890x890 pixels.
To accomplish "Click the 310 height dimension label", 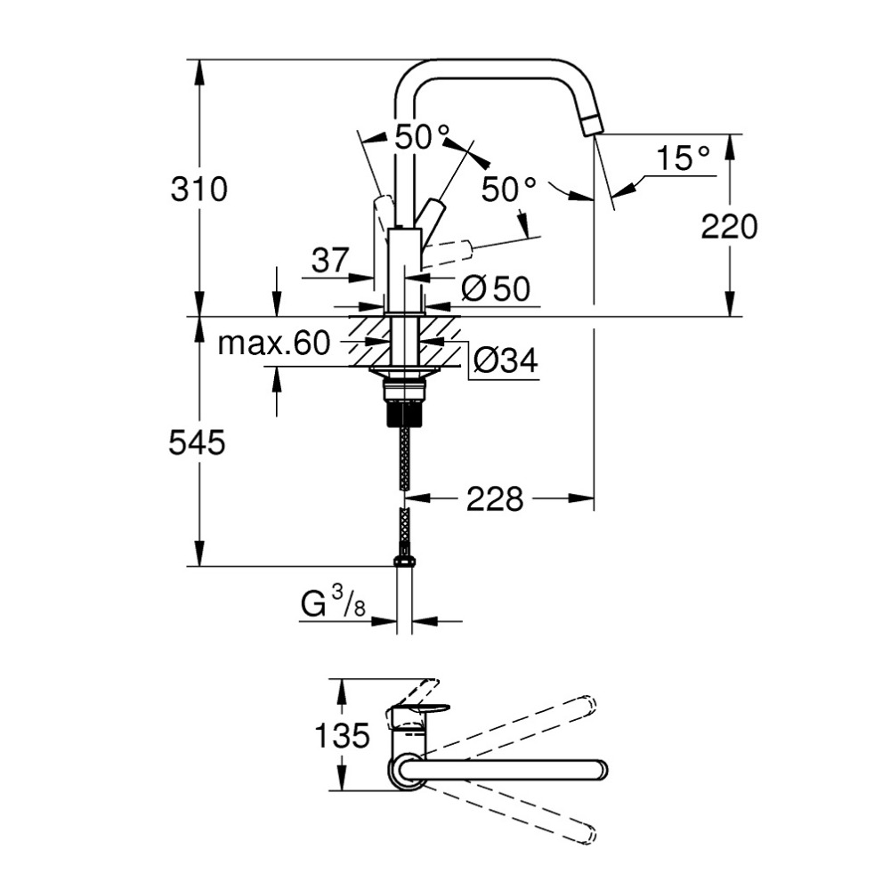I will point(200,189).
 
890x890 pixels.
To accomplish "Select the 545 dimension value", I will point(197,442).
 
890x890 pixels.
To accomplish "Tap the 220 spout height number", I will point(729,228).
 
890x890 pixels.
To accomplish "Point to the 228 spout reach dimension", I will point(496,499).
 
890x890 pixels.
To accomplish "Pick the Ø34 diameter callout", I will point(505,360).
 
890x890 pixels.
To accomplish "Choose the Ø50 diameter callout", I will point(497,287).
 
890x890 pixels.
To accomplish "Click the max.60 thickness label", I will point(274,344).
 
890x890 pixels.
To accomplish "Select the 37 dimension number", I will point(330,261).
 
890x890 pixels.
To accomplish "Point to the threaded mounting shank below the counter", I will point(405,410).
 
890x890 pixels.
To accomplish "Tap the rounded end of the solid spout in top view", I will point(598,769).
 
